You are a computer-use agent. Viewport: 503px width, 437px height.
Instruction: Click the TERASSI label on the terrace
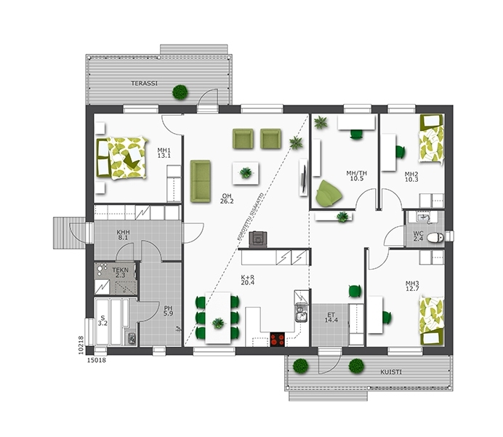pyautogui.click(x=144, y=83)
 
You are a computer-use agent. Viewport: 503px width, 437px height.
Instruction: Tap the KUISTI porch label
pyautogui.click(x=391, y=372)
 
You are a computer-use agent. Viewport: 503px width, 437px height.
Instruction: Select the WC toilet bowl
pyautogui.click(x=435, y=238)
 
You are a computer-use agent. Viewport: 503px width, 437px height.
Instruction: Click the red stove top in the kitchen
pyautogui.click(x=277, y=340)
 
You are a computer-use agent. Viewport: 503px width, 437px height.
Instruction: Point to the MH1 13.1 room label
pyautogui.click(x=164, y=153)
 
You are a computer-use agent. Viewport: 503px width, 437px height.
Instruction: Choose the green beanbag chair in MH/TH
pyautogui.click(x=328, y=194)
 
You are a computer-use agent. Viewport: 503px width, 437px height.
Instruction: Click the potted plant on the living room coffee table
pyautogui.click(x=246, y=173)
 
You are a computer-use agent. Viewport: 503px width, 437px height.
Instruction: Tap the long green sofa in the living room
pyautogui.click(x=200, y=181)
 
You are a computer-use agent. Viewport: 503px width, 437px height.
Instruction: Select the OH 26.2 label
pyautogui.click(x=227, y=199)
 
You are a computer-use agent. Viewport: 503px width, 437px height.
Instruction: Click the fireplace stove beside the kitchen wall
pyautogui.click(x=258, y=239)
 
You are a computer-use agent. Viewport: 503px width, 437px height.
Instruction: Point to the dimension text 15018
pyautogui.click(x=97, y=361)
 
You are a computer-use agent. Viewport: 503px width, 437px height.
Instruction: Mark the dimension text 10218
pyautogui.click(x=81, y=345)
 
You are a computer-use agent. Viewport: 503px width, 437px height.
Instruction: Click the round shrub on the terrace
pyautogui.click(x=180, y=92)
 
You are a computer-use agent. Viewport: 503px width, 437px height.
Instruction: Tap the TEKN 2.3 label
pyautogui.click(x=120, y=273)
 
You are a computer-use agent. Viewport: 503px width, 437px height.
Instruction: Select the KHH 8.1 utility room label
pyautogui.click(x=123, y=235)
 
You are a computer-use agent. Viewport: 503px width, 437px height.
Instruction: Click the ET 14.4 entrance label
pyautogui.click(x=331, y=317)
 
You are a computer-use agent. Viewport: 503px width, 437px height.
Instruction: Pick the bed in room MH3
pyautogui.click(x=432, y=321)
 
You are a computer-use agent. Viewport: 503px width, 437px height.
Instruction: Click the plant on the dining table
pyautogui.click(x=218, y=322)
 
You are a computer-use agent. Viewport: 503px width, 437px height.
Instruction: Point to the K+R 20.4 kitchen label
pyautogui.click(x=247, y=279)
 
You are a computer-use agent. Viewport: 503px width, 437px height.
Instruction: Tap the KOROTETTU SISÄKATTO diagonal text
pyautogui.click(x=250, y=217)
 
